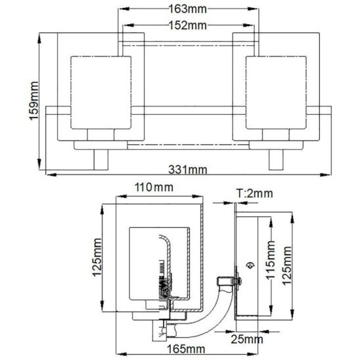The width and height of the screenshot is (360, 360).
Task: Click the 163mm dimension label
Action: click(x=188, y=9)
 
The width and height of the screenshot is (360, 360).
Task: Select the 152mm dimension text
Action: click(x=188, y=25)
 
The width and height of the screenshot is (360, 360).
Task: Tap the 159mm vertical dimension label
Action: click(x=34, y=101)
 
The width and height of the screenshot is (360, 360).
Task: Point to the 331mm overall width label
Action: click(x=188, y=169)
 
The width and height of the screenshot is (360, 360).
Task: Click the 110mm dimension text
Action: click(x=154, y=187)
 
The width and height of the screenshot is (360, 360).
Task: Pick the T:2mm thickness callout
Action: click(x=255, y=193)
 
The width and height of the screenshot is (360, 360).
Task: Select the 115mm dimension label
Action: click(x=271, y=260)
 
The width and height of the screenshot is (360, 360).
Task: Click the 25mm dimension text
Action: click(x=247, y=339)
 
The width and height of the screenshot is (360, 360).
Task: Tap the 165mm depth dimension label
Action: click(x=186, y=349)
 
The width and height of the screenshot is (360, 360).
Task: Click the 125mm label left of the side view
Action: click(x=97, y=258)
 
